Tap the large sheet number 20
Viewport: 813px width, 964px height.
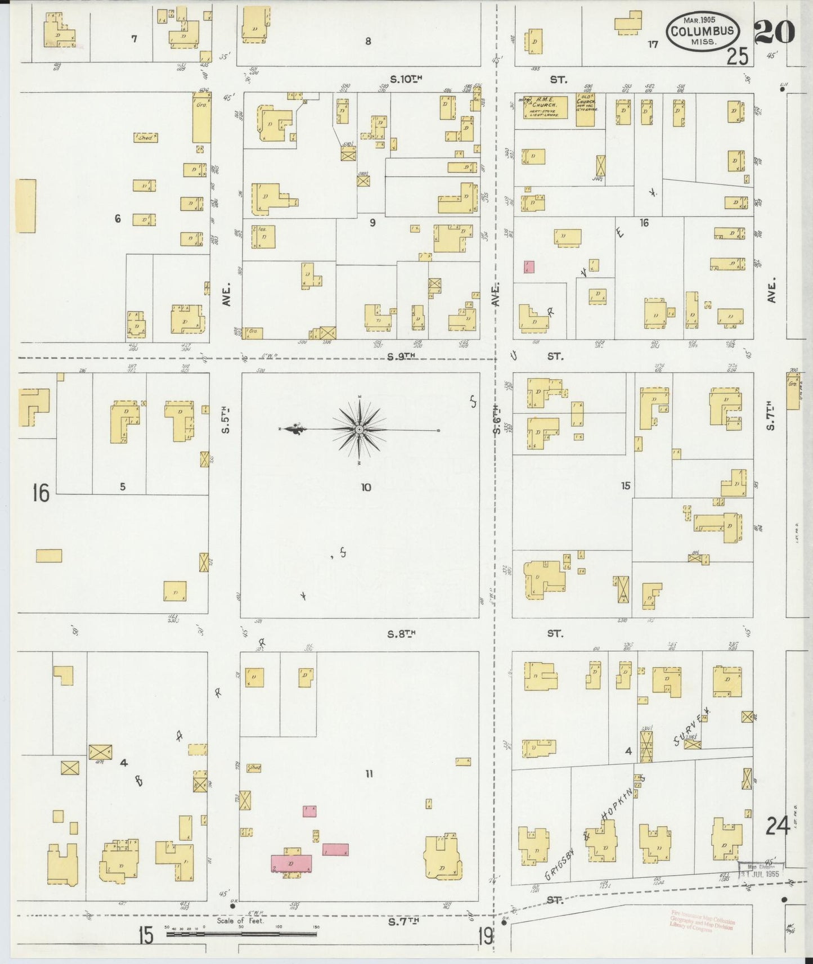(x=775, y=31)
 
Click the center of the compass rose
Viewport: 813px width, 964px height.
(x=359, y=430)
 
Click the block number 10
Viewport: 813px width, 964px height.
(x=366, y=487)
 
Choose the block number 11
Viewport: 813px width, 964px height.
(x=369, y=774)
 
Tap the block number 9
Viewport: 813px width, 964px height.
(x=372, y=223)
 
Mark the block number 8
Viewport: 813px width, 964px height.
(x=368, y=41)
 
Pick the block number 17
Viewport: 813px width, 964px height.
(x=652, y=44)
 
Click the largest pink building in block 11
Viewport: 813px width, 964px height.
(x=291, y=863)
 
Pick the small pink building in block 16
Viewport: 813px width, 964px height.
(x=529, y=267)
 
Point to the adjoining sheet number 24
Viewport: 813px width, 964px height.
(x=778, y=827)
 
